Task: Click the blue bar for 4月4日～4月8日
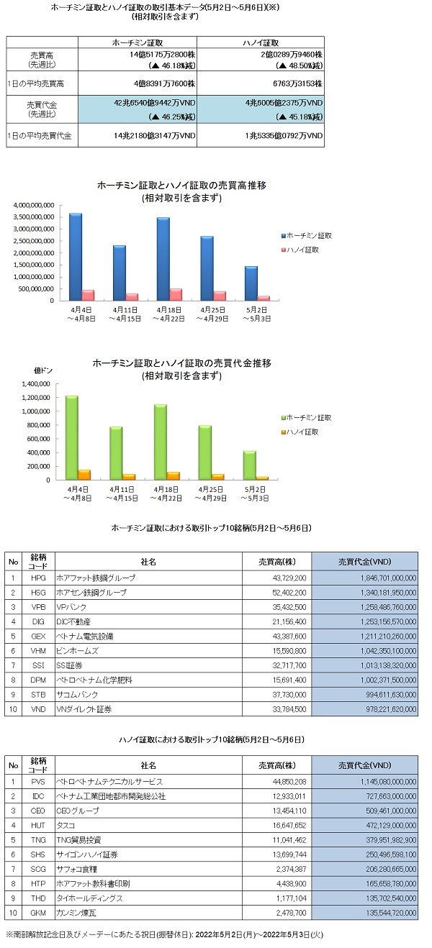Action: pyautogui.click(x=76, y=257)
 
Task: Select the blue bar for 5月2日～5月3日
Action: pyautogui.click(x=251, y=283)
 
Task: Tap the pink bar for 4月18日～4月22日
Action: pyautogui.click(x=176, y=295)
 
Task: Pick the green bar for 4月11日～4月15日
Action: pyautogui.click(x=116, y=453)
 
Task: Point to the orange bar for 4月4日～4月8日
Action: pyautogui.click(x=84, y=475)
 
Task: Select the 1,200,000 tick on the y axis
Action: pyautogui.click(x=36, y=398)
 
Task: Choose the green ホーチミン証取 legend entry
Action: pyautogui.click(x=306, y=418)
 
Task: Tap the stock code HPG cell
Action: pyautogui.click(x=38, y=578)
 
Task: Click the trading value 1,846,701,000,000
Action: pyautogui.click(x=388, y=578)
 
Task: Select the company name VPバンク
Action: pyautogui.click(x=71, y=607)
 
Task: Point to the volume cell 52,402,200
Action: pyautogui.click(x=289, y=593)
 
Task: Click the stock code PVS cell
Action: pyautogui.click(x=38, y=782)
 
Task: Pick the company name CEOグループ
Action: pyautogui.click(x=78, y=811)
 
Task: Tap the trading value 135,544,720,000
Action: pyautogui.click(x=392, y=913)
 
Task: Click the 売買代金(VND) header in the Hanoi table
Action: pyautogui.click(x=364, y=765)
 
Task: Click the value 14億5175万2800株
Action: pyautogui.click(x=163, y=55)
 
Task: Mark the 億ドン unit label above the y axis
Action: pyautogui.click(x=43, y=370)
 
